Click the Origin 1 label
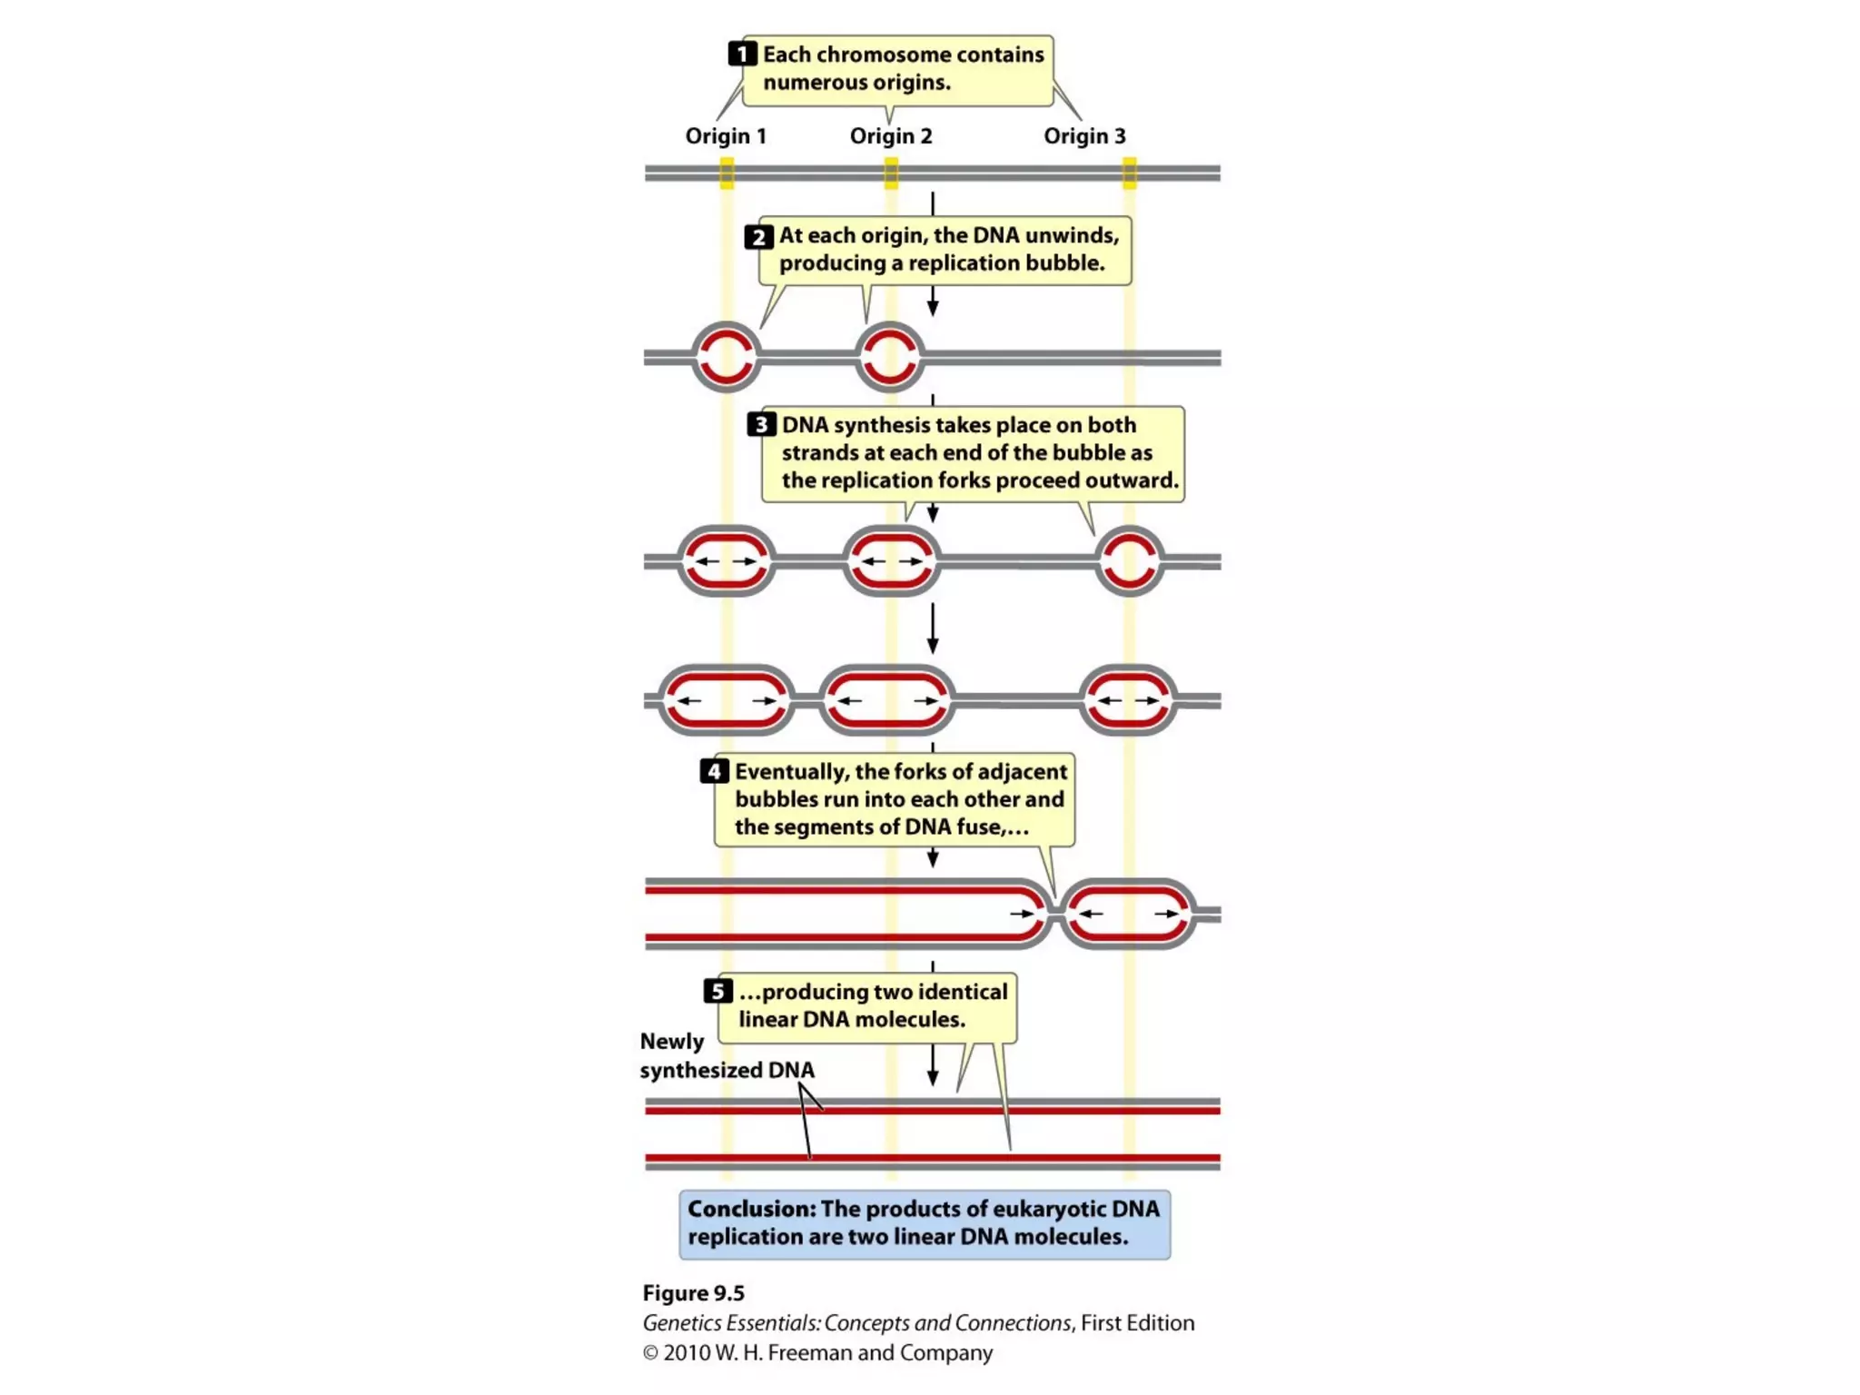tap(725, 136)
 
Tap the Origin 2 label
tap(890, 136)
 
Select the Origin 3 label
tap(1083, 136)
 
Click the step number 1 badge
tap(742, 54)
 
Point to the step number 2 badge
tap(758, 237)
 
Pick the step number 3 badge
tap(761, 425)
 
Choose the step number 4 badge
tap(714, 771)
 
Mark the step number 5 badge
tap(717, 991)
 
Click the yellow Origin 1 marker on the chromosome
tap(727, 173)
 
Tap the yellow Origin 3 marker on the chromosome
tap(1129, 173)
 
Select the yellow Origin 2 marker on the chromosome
tap(891, 173)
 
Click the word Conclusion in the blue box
tap(751, 1209)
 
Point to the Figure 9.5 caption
tap(693, 1293)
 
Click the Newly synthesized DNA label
tap(726, 1056)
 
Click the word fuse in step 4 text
tap(980, 827)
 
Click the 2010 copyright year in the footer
tap(687, 1353)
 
